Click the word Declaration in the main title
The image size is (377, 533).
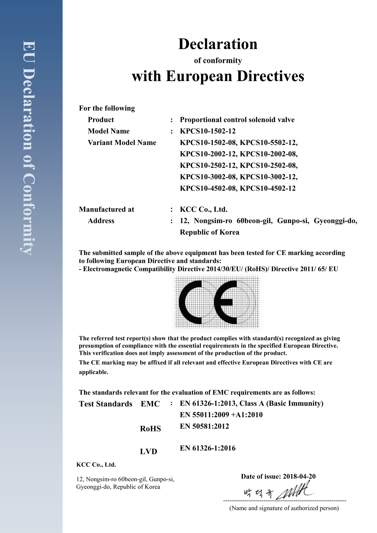(218, 44)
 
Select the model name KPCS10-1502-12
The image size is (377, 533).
(207, 131)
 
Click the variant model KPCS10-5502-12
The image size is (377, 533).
(269, 143)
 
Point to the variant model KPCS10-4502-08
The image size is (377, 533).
(208, 188)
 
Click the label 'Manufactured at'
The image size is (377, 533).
(106, 209)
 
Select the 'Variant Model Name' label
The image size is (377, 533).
(122, 143)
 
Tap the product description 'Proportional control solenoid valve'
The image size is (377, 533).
(237, 120)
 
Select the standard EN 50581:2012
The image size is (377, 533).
(204, 426)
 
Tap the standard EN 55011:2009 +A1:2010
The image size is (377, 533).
(221, 415)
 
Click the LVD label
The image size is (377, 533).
(149, 451)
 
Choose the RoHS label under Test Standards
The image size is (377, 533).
(150, 429)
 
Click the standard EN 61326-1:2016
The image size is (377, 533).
(207, 448)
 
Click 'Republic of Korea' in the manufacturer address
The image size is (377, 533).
(210, 232)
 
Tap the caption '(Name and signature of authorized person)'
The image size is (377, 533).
(284, 508)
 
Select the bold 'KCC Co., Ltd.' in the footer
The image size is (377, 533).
(96, 465)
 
